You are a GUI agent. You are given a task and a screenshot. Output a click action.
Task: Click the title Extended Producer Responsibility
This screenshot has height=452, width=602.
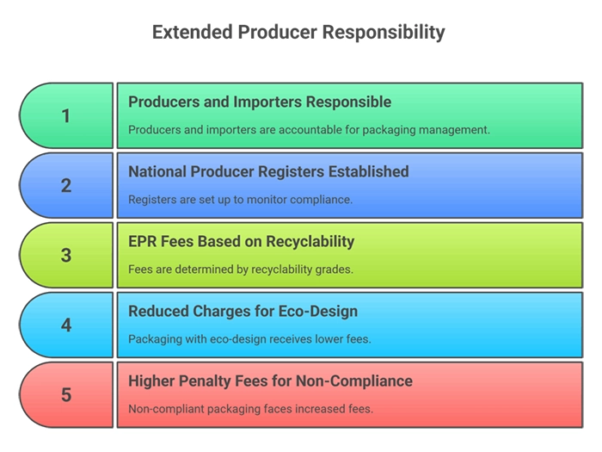point(298,33)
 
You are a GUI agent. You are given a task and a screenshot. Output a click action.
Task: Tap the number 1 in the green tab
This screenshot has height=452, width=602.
point(66,115)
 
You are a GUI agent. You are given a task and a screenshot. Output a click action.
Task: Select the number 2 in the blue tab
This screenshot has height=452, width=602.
point(66,185)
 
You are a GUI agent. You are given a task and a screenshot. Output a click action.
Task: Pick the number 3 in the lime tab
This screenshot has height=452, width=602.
point(66,256)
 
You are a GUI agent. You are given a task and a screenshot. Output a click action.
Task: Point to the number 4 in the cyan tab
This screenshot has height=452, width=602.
point(66,325)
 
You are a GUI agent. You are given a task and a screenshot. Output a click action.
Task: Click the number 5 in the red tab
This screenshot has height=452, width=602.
point(66,395)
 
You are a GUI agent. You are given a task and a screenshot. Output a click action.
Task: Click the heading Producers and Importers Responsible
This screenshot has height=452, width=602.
point(260,102)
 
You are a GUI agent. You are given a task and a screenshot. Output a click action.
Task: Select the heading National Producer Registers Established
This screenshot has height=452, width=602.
point(268,171)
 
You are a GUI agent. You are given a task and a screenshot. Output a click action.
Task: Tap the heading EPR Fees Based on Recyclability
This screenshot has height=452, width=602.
point(241,241)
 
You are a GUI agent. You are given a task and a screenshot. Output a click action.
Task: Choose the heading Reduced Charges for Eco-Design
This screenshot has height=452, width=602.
point(243,311)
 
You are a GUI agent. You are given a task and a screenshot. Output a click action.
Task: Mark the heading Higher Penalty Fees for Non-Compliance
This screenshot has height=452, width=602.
point(270,381)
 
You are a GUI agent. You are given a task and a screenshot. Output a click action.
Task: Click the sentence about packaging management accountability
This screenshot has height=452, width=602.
point(309,130)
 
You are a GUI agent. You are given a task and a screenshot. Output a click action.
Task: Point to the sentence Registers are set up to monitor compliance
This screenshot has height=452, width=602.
point(240,200)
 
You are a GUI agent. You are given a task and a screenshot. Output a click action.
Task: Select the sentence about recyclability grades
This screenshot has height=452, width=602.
point(241,269)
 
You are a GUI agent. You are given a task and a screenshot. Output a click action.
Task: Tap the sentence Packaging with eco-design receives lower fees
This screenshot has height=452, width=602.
point(249,339)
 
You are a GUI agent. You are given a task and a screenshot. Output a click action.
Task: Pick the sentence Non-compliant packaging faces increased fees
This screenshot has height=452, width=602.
point(250,409)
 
